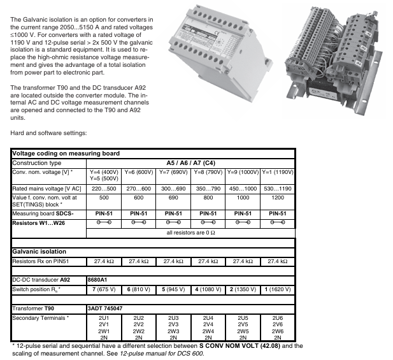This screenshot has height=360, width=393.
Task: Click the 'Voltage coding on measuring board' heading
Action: click(x=66, y=154)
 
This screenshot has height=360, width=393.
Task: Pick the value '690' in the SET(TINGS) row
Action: click(x=173, y=198)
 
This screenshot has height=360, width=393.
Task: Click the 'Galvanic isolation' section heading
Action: click(x=40, y=252)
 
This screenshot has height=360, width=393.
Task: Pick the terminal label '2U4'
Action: click(x=208, y=317)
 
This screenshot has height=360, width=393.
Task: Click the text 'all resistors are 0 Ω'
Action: click(x=190, y=233)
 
